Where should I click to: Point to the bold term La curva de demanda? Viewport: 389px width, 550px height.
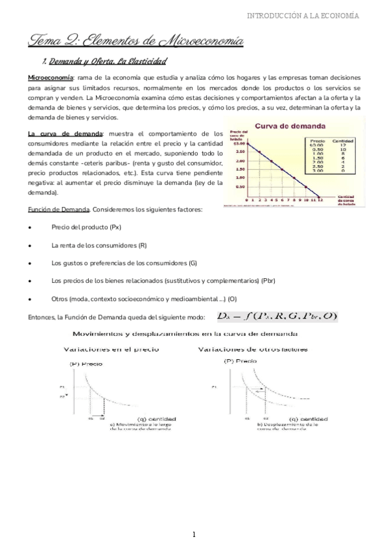coord(65,133)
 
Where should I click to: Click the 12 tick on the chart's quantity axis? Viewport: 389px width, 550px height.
coord(320,201)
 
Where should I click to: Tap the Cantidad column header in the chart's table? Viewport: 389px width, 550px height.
coord(342,140)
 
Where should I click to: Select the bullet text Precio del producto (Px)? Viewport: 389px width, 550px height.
coord(86,228)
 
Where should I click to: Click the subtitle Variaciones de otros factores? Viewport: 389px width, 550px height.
coord(261,349)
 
